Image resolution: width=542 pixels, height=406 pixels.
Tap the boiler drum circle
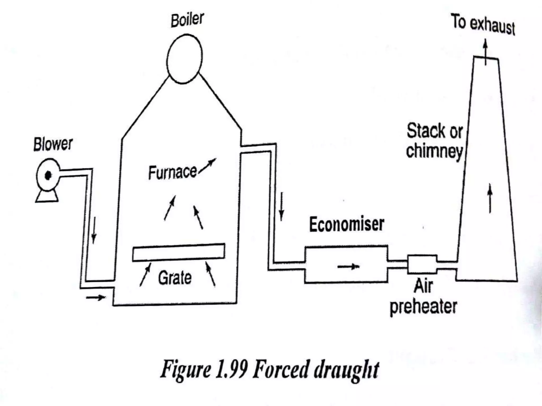tap(184, 59)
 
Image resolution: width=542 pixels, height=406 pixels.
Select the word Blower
tap(53, 144)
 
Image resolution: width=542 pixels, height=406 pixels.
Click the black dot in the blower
tap(48, 175)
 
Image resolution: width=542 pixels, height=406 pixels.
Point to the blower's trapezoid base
tap(47, 197)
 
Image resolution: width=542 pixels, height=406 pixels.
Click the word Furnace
tap(172, 173)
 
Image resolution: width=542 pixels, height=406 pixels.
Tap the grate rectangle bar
tap(179, 252)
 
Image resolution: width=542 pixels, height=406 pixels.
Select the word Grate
tap(175, 278)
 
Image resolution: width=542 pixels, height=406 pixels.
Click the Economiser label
tap(347, 224)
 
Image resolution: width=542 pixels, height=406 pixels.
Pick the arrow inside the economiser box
tap(349, 267)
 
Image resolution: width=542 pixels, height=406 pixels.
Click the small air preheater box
tap(422, 264)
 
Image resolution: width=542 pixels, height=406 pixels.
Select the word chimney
tap(434, 151)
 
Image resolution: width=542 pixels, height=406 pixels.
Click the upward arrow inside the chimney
tap(490, 198)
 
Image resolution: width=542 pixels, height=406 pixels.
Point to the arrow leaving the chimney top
tap(485, 52)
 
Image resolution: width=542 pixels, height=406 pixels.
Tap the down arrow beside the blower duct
tap(94, 230)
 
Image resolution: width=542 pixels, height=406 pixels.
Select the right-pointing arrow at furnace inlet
tap(96, 298)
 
